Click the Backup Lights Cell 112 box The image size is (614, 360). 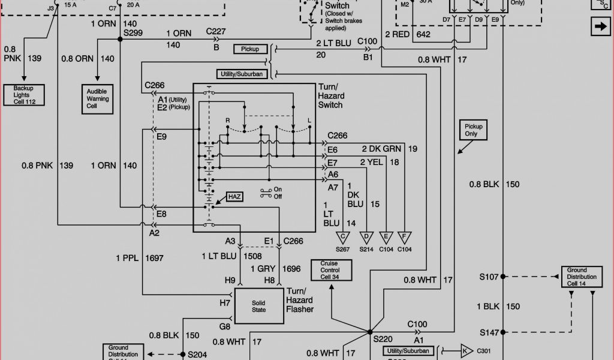pyautogui.click(x=25, y=95)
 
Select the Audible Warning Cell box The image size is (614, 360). pyautogui.click(x=97, y=98)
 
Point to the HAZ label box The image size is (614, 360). pyautogui.click(x=234, y=197)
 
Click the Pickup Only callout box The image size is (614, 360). pyautogui.click(x=471, y=130)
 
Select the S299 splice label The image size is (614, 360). pyautogui.click(x=133, y=32)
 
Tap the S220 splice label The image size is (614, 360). pyautogui.click(x=383, y=339)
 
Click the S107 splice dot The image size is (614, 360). pyautogui.click(x=503, y=277)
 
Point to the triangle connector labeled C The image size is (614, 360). pyautogui.click(x=343, y=238)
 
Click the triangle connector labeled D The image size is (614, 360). pyautogui.click(x=366, y=238)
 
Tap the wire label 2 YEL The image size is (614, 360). pyautogui.click(x=372, y=162)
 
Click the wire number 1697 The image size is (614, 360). pyautogui.click(x=154, y=258)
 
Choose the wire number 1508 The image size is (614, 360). pyautogui.click(x=252, y=256)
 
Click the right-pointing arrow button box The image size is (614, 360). pyautogui.click(x=599, y=27)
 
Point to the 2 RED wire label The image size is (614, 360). pyautogui.click(x=397, y=35)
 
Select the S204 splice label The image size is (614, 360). pyautogui.click(x=197, y=355)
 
